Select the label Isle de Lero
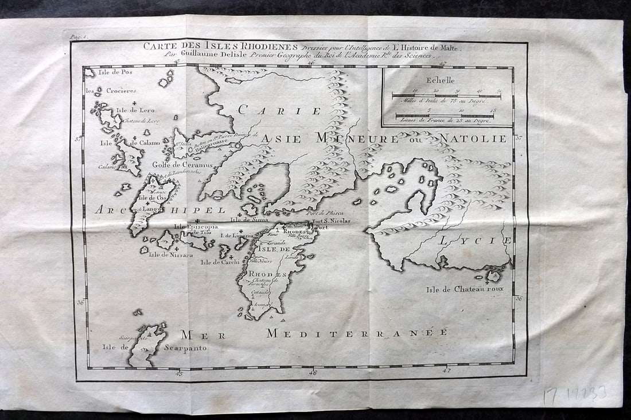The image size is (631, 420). pyautogui.click(x=135, y=110)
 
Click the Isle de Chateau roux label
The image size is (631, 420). pyautogui.click(x=465, y=289)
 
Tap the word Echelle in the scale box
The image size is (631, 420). pyautogui.click(x=440, y=80)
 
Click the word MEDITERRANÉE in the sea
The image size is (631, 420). pyautogui.click(x=356, y=333)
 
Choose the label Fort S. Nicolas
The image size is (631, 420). pyautogui.click(x=331, y=221)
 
